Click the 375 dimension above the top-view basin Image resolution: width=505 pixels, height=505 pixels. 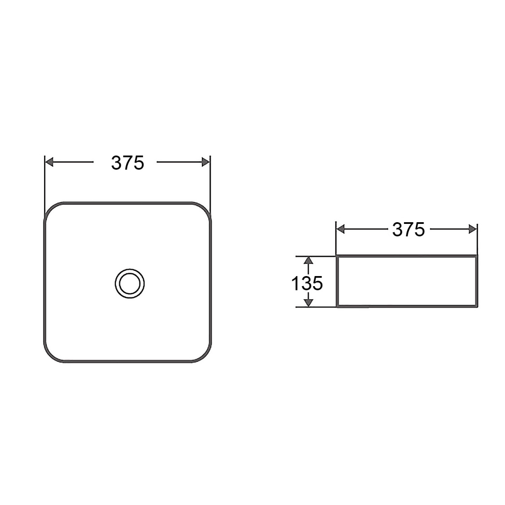[128, 163]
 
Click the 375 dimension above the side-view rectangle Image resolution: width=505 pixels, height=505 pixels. [408, 230]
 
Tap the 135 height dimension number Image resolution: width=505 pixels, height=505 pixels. [307, 283]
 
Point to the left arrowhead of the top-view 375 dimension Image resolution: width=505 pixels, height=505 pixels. [49, 162]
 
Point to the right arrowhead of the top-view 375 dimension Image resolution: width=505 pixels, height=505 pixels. [206, 162]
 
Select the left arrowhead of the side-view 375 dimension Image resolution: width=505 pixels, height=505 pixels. [340, 229]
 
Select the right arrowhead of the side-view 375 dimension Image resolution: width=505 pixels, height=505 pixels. [473, 229]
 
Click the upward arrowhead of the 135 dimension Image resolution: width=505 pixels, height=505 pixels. [309, 260]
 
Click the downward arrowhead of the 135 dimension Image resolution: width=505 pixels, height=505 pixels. [309, 303]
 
